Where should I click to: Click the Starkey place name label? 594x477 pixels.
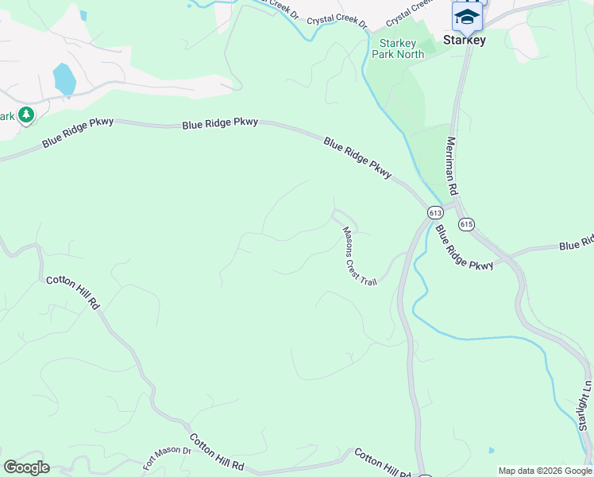point(465,40)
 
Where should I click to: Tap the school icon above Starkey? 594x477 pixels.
point(467,16)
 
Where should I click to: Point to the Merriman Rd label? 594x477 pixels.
point(452,165)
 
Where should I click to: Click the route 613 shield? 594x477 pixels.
point(435,212)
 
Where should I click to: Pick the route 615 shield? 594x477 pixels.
point(466,225)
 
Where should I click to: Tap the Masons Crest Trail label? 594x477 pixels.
point(359,256)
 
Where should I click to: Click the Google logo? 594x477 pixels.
point(26,467)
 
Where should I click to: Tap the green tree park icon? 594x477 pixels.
point(26,115)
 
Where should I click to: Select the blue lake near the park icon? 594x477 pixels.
point(64,79)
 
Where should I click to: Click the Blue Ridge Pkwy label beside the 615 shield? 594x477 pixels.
point(464,249)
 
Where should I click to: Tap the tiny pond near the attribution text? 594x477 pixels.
point(492,450)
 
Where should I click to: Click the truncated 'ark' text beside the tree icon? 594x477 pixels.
point(7,116)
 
